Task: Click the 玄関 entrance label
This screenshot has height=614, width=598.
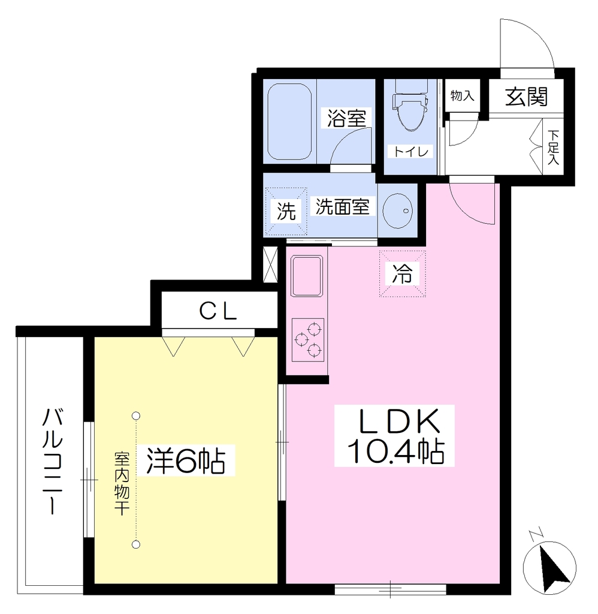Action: point(526,97)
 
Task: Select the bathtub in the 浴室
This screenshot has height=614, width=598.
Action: point(289,121)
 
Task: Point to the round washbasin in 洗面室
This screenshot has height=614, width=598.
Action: point(397,210)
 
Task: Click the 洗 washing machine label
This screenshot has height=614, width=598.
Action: point(286,212)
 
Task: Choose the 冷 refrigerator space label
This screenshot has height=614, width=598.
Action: point(402,273)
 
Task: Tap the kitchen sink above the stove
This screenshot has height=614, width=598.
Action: point(307,276)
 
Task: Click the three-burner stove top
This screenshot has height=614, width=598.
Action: point(307,339)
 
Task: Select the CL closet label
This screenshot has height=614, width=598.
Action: point(218,312)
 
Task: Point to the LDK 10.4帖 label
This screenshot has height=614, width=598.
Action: point(394,436)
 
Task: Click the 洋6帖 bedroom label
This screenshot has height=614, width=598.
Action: point(186,460)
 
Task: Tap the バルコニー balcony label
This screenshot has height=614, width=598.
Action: point(53,461)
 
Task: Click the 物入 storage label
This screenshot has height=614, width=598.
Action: point(462,95)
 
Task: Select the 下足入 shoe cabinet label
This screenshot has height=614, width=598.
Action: point(553,148)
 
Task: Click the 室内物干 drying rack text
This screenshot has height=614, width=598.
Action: point(122,484)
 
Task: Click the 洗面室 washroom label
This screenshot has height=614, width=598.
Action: point(342,206)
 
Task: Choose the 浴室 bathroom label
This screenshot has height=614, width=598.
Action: point(346,118)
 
